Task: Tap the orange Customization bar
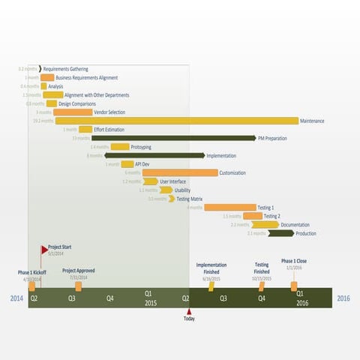180,172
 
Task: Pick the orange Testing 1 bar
229,207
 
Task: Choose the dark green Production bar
281,233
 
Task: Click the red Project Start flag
43,248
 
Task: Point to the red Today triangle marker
189,311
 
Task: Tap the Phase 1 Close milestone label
294,261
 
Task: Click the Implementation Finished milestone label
211,268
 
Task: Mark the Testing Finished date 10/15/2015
261,278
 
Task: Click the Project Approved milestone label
79,270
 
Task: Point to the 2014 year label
16,298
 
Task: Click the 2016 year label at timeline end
343,298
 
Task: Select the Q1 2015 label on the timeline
148,298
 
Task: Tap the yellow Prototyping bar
120,147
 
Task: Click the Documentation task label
295,224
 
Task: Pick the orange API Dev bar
127,164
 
